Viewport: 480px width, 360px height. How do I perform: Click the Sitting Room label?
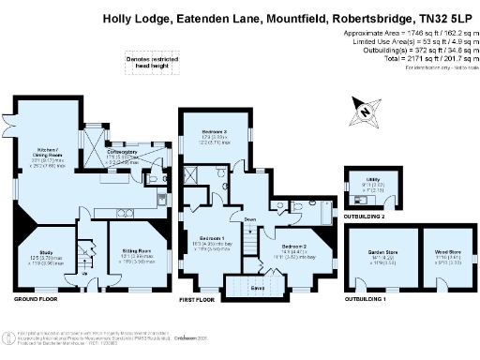pyautogui.click(x=136, y=250)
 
